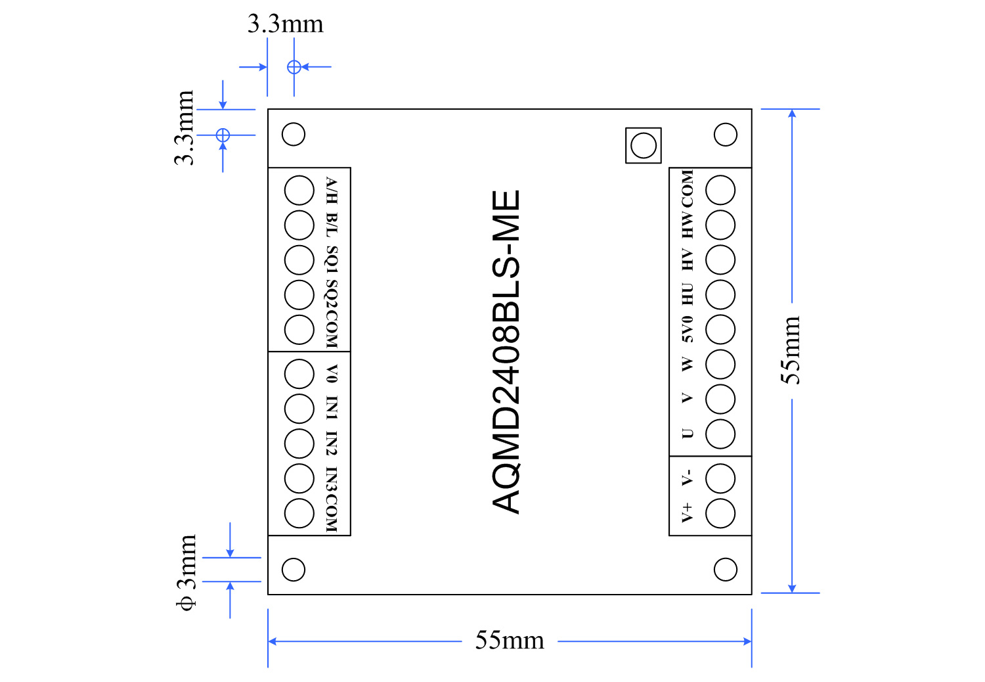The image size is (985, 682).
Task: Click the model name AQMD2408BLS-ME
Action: click(506, 352)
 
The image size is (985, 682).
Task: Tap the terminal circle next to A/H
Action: click(299, 191)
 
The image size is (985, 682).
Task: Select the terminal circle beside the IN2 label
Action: click(299, 443)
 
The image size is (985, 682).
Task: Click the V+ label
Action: click(687, 512)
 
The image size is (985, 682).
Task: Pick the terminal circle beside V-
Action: click(720, 478)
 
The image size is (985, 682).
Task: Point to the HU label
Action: click(687, 294)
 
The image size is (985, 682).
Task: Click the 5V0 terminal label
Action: click(687, 329)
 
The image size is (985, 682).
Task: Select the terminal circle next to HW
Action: click(720, 225)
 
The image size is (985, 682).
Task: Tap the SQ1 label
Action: click(332, 260)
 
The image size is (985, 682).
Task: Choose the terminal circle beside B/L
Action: click(299, 225)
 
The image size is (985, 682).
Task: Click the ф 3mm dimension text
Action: click(187, 572)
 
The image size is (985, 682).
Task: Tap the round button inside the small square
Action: click(643, 145)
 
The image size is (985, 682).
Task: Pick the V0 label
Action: click(332, 374)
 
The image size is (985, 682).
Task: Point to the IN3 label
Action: click(332, 479)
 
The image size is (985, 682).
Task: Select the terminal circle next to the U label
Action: click(720, 434)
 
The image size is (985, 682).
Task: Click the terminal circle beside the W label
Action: click(720, 364)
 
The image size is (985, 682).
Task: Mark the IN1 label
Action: click(332, 408)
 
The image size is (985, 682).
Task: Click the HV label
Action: click(687, 260)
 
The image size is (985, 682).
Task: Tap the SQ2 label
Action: click(332, 294)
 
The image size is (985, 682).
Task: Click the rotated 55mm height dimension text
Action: click(791, 350)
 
